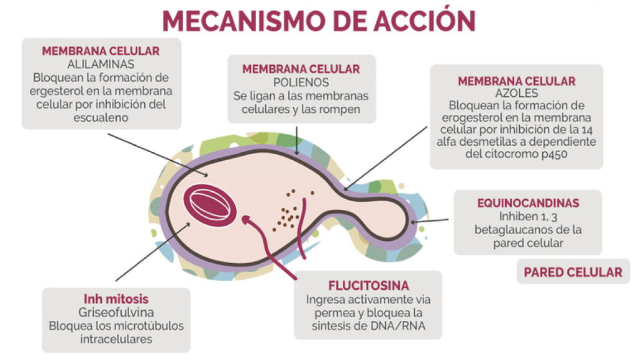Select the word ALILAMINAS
click(101, 64)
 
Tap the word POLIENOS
click(301, 83)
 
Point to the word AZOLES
click(516, 93)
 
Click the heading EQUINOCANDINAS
click(528, 203)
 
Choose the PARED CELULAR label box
click(573, 272)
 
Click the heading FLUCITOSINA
click(368, 286)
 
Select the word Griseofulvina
click(116, 312)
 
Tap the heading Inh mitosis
click(116, 299)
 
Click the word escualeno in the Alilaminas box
click(101, 118)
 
